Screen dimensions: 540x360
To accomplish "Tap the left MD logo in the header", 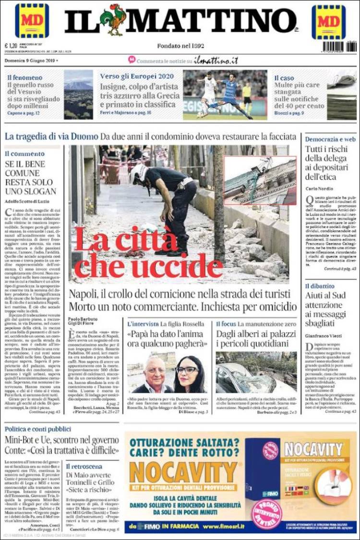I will click(x=32, y=21).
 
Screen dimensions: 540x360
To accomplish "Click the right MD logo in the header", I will click(x=328, y=22).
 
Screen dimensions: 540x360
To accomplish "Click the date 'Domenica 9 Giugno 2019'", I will click(x=30, y=60).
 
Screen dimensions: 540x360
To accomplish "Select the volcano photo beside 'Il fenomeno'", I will click(x=78, y=95).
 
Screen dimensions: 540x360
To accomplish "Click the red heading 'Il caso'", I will click(x=284, y=78).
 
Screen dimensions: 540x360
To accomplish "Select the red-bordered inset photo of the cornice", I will click(x=260, y=180).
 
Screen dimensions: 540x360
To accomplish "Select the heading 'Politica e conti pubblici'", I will click(x=38, y=429).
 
